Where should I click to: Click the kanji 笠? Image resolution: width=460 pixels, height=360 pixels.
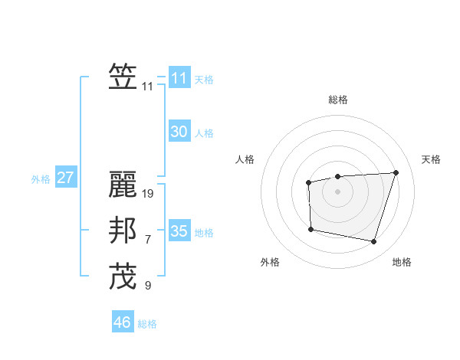[123, 77]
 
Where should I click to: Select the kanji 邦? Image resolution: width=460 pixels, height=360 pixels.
[123, 231]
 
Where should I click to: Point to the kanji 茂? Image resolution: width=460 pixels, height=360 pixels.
[123, 276]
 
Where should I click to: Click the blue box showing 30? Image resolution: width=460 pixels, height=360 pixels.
[179, 132]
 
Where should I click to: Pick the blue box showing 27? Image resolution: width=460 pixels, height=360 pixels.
[65, 178]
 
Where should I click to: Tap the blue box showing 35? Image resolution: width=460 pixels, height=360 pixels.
[179, 231]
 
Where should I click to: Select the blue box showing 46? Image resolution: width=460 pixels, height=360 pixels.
[123, 322]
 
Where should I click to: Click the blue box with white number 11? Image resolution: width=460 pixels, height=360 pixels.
[179, 78]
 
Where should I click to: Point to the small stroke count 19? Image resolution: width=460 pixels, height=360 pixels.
[148, 194]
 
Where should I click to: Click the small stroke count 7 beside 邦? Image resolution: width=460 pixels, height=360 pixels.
[148, 240]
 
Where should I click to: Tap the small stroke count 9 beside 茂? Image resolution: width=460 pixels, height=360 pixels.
[148, 286]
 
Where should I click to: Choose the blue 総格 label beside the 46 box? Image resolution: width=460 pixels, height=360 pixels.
[147, 324]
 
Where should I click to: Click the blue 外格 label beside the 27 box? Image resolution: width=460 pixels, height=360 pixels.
[41, 179]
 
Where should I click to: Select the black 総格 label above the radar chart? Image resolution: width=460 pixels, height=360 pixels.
[337, 100]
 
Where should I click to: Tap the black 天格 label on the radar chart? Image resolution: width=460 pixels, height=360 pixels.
[431, 159]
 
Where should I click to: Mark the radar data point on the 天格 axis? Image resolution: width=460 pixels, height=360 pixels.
[396, 172]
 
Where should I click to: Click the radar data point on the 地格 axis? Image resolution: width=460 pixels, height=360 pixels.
[373, 242]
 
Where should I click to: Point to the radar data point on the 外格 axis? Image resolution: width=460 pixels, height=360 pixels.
[310, 229]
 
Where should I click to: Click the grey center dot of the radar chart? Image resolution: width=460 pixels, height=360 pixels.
[337, 191]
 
